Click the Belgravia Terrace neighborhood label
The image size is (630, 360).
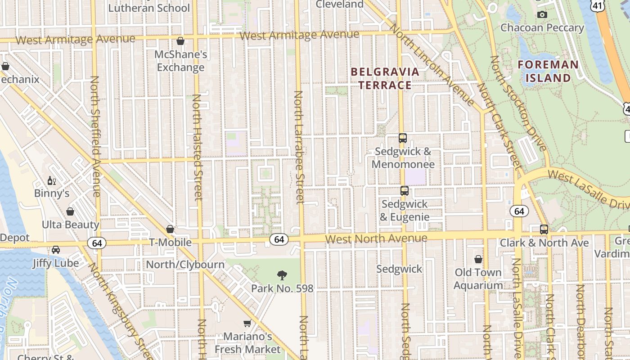[385, 78]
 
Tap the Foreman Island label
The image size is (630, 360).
[548, 71]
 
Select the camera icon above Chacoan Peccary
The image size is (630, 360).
[542, 15]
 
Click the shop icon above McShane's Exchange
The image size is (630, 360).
[180, 41]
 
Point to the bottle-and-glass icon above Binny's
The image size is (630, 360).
[52, 181]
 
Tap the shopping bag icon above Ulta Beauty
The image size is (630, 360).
[70, 211]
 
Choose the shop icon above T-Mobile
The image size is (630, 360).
[170, 229]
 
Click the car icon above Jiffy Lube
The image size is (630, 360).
[56, 250]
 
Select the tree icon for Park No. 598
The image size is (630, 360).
[282, 275]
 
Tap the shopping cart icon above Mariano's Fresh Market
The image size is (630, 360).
[247, 323]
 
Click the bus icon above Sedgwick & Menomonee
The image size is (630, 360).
[403, 138]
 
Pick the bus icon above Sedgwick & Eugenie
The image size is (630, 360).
[405, 191]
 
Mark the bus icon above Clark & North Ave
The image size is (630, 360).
[544, 229]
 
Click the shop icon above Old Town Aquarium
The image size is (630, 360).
[478, 259]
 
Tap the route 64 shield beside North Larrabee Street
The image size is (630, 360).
[279, 239]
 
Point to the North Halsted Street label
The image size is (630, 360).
[197, 147]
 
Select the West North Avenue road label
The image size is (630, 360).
[376, 238]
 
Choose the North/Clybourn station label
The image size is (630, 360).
[185, 265]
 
